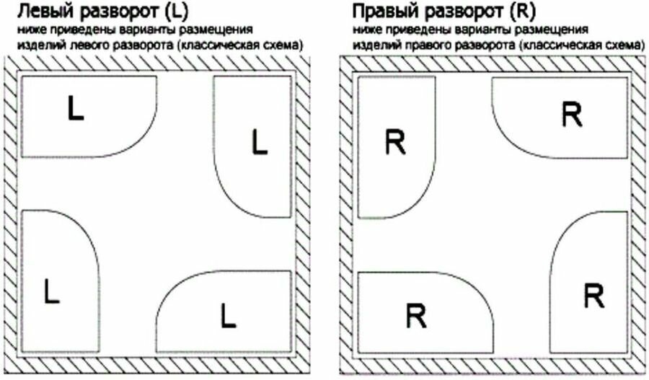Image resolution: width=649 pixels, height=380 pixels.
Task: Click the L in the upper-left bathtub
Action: click(x=76, y=109)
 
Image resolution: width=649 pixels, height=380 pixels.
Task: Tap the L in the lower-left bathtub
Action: click(x=50, y=291)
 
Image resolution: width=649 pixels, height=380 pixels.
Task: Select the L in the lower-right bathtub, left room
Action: click(x=228, y=314)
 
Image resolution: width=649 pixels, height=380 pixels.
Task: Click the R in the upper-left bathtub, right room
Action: click(x=395, y=142)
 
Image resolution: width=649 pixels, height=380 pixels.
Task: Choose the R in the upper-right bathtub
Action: click(x=572, y=115)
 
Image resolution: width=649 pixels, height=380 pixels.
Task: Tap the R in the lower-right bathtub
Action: click(x=593, y=295)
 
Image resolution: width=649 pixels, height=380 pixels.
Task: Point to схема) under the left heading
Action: click(x=283, y=45)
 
